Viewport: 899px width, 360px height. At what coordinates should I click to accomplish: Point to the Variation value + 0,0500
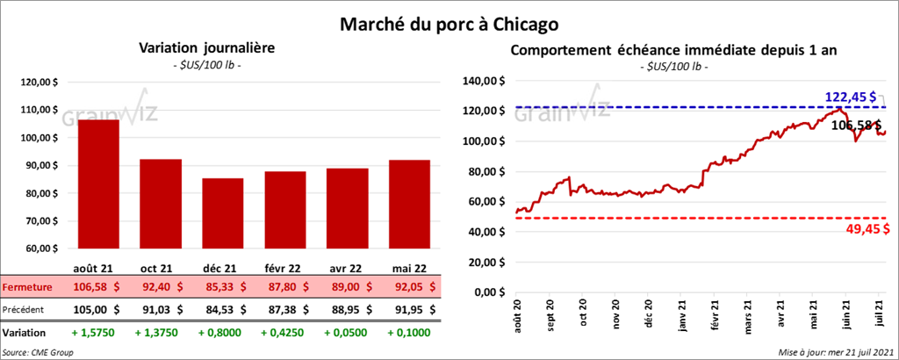click(x=349, y=333)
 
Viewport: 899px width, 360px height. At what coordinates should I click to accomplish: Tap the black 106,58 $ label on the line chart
click(x=857, y=126)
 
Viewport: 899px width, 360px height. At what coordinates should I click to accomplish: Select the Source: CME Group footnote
click(x=38, y=352)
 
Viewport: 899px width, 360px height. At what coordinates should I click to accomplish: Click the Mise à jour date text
click(x=833, y=352)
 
